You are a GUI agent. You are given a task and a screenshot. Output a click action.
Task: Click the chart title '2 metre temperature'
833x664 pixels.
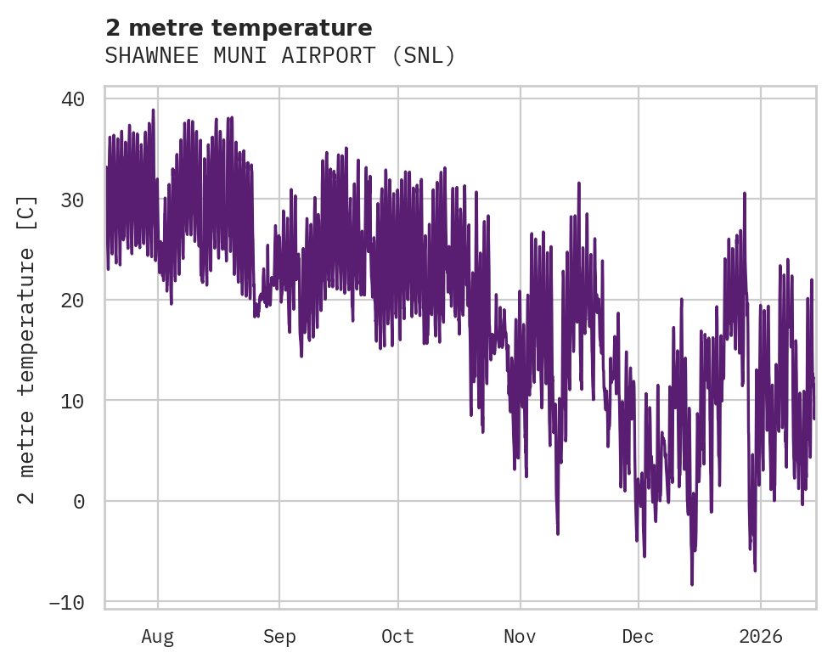click(239, 28)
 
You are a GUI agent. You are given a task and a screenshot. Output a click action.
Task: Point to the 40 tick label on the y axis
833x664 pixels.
click(73, 99)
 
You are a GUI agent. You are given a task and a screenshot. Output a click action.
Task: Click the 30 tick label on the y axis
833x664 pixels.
click(73, 200)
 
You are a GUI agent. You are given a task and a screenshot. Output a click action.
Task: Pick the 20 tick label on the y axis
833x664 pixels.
click(73, 300)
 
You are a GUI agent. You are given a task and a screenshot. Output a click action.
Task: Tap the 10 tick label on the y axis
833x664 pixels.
click(73, 401)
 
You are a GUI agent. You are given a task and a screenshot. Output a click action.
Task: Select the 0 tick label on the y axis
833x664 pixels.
click(79, 501)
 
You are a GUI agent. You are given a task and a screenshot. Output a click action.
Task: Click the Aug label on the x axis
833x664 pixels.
click(157, 636)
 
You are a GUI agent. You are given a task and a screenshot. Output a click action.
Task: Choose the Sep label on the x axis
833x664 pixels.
click(279, 636)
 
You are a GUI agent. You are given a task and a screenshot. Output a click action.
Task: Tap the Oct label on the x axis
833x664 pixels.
click(397, 636)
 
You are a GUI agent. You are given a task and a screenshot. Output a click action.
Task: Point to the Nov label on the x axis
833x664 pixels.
click(520, 636)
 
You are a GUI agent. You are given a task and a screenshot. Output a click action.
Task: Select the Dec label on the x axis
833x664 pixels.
click(638, 636)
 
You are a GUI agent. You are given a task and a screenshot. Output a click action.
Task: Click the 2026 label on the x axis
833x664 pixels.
click(760, 636)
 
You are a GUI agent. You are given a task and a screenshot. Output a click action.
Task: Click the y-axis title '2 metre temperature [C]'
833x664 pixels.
click(27, 349)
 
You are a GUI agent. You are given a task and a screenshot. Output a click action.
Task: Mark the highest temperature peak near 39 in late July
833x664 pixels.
click(153, 110)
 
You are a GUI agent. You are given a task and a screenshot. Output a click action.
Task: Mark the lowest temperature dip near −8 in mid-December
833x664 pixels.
click(692, 584)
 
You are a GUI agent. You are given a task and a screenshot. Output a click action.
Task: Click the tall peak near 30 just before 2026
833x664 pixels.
click(744, 194)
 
